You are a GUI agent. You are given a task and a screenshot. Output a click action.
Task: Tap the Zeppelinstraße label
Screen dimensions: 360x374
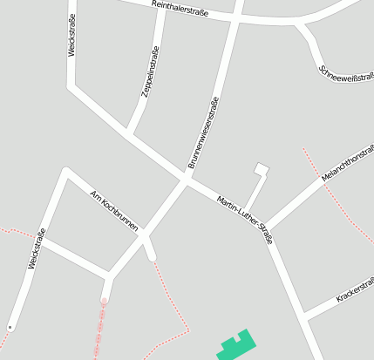tap(149, 75)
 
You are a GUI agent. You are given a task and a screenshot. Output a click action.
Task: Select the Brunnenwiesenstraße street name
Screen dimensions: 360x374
tap(202, 132)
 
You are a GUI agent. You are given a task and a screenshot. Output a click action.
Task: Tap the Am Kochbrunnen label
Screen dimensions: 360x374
tap(114, 210)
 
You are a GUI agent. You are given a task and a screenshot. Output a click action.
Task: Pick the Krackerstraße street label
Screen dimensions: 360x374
tap(355, 291)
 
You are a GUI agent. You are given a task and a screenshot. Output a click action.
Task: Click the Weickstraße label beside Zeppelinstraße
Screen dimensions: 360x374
tap(71, 36)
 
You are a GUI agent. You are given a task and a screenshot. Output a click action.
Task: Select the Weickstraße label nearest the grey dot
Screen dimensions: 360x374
tap(37, 248)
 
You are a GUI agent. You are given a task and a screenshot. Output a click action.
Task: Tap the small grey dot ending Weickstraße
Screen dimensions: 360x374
tap(10, 327)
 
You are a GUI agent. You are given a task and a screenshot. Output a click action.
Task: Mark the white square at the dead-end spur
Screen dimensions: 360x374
tap(261, 169)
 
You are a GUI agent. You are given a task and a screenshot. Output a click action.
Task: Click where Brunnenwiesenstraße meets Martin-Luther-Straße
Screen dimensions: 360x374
tap(186, 180)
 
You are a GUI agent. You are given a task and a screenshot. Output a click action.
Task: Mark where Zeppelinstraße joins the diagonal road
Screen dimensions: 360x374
tap(129, 134)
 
